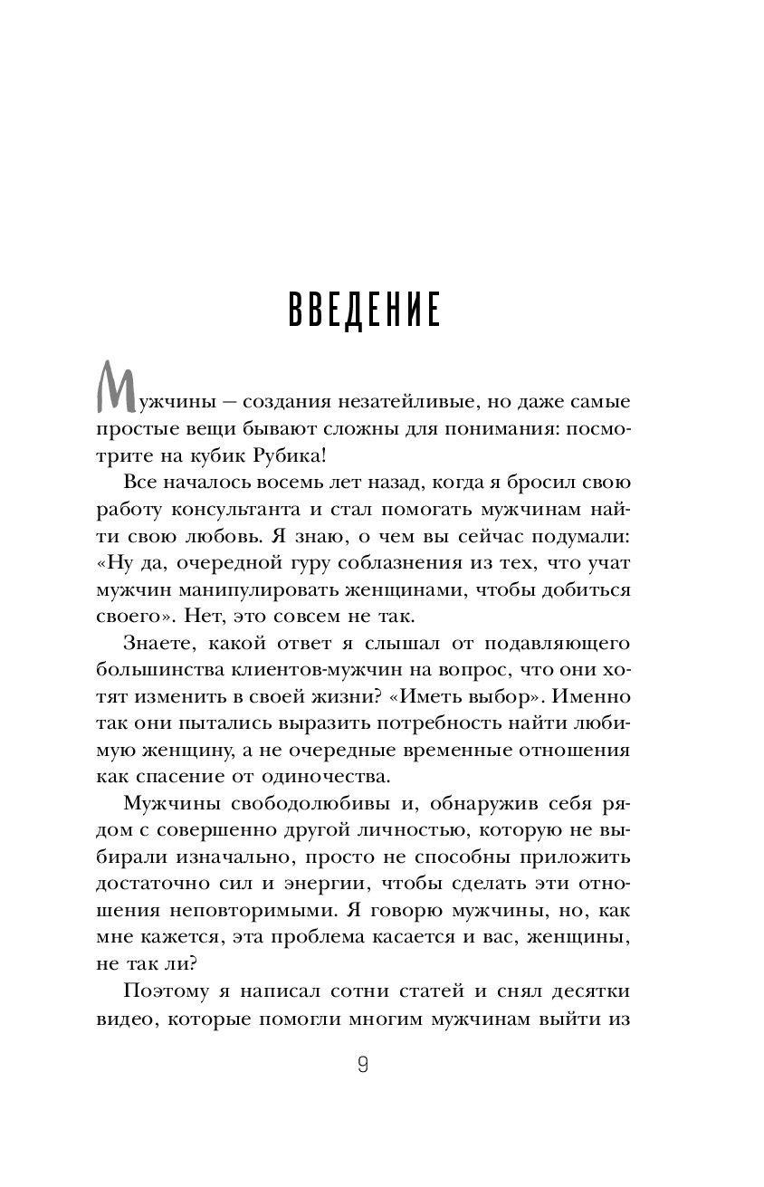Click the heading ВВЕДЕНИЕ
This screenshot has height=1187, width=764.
pos(364,309)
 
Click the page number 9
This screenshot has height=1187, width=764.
pos(363,1065)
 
